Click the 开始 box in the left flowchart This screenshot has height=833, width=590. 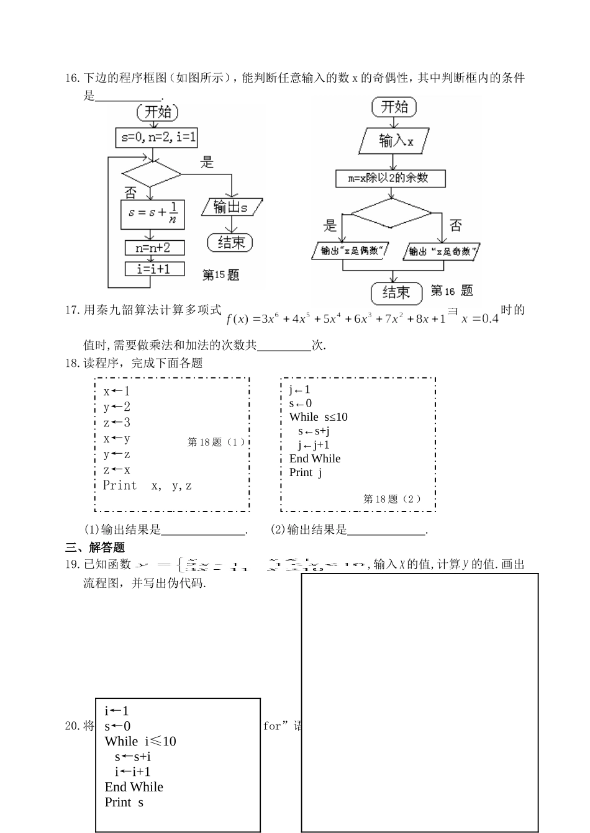click(157, 112)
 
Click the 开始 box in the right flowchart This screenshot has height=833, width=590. click(394, 107)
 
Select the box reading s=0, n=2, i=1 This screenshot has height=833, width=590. click(156, 138)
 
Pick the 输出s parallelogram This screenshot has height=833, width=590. click(232, 207)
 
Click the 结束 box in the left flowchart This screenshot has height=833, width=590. click(230, 242)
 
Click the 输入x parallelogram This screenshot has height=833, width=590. click(395, 141)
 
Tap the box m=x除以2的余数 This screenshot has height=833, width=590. click(391, 178)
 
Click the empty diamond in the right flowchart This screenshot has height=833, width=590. click(391, 214)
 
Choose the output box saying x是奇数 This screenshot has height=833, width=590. click(442, 251)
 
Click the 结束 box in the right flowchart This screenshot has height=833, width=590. click(396, 292)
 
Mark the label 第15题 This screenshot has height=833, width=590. click(220, 274)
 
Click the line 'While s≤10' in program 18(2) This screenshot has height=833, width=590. click(318, 417)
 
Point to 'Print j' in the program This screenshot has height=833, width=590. click(306, 472)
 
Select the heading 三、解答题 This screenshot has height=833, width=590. click(95, 547)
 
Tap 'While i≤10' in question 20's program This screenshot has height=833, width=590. click(140, 741)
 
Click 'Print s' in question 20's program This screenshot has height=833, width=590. click(124, 802)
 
